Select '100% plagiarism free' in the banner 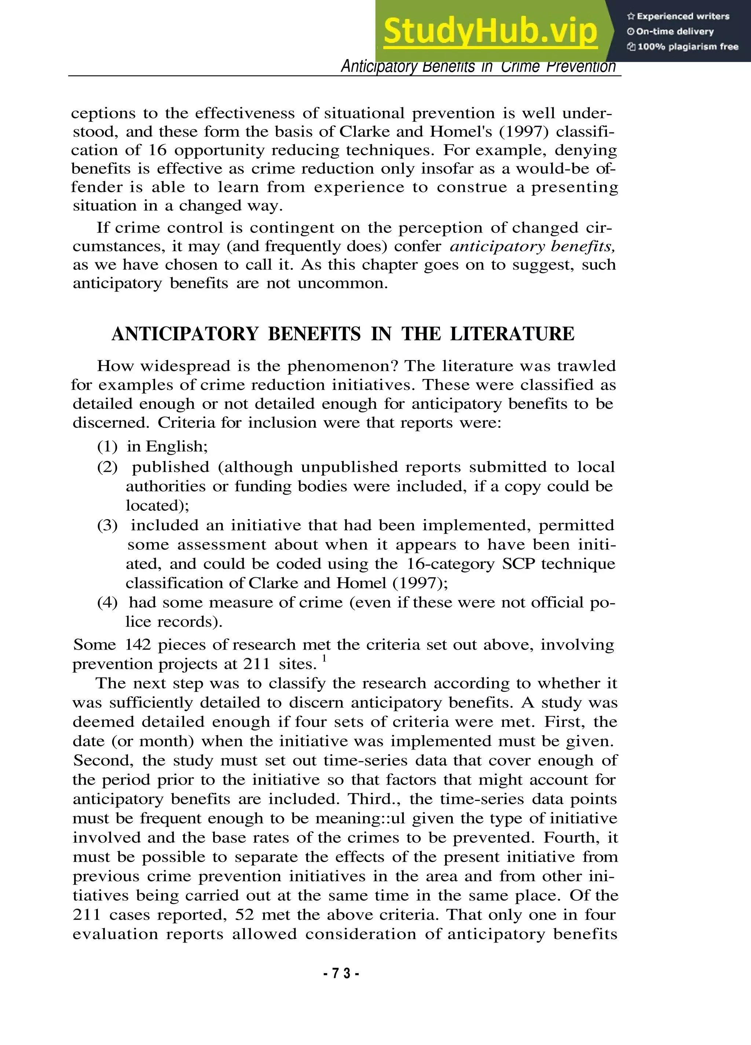coord(683,47)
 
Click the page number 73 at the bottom coord(341,974)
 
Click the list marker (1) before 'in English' coord(107,446)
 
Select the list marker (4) coord(107,602)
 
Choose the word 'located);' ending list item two coord(157,505)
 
